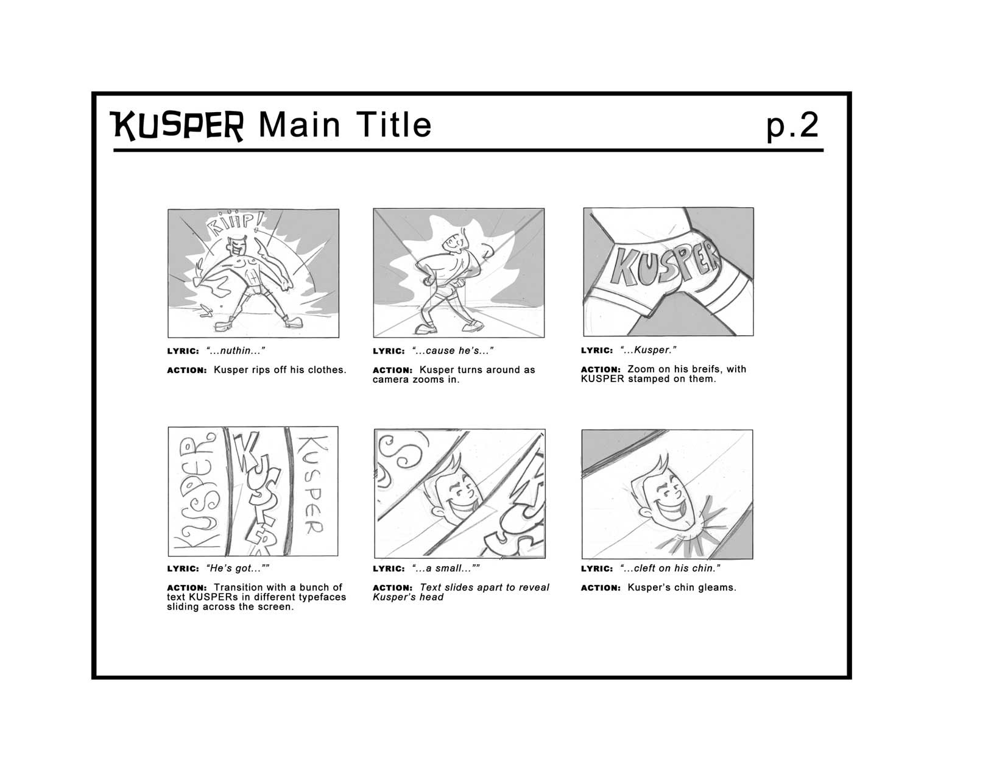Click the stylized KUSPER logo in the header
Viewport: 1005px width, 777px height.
tap(176, 126)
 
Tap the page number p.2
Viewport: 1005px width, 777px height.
tap(792, 126)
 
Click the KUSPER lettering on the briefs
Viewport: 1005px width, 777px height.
tap(665, 266)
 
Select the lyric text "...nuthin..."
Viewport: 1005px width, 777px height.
tap(235, 351)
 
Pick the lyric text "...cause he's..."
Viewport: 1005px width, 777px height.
tap(453, 351)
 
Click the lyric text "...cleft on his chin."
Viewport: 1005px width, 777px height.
tap(670, 569)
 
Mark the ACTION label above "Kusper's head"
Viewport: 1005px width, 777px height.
tap(393, 588)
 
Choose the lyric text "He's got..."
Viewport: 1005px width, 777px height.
tap(238, 569)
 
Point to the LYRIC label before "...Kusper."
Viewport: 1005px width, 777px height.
tap(597, 350)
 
